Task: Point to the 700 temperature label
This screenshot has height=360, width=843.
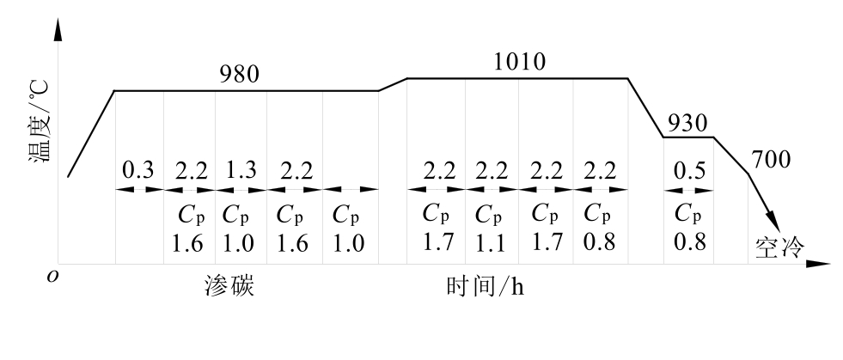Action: click(771, 160)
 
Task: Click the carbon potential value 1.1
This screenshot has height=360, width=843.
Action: click(492, 241)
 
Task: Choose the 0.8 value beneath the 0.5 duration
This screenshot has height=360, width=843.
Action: click(688, 241)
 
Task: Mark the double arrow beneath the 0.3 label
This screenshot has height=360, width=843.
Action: click(138, 188)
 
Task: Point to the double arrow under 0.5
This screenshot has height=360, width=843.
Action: click(688, 188)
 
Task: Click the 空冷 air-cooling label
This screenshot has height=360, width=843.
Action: click(779, 247)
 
